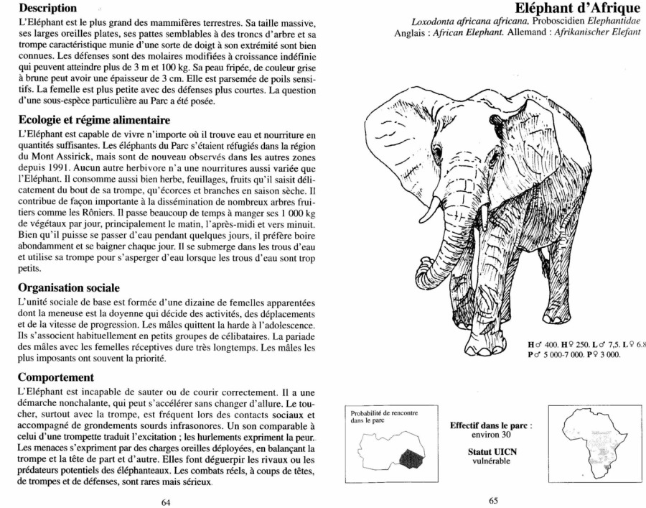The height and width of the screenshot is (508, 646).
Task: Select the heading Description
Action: (x=48, y=9)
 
